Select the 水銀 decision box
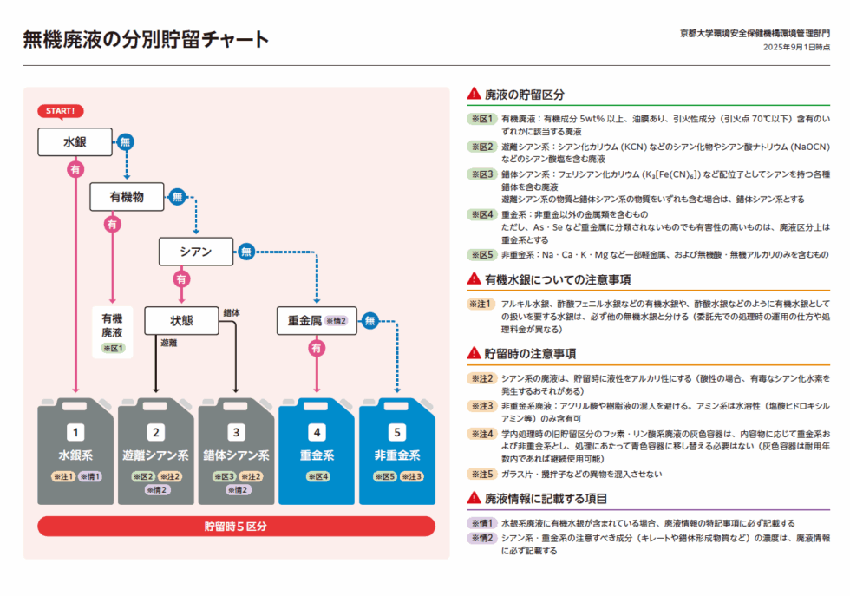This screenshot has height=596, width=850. (x=75, y=141)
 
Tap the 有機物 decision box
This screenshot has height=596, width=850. (x=127, y=196)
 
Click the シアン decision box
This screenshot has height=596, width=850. (x=196, y=252)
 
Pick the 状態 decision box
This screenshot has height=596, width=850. (x=182, y=320)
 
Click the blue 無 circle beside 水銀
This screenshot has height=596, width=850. (x=126, y=141)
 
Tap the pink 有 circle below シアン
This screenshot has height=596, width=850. (x=180, y=279)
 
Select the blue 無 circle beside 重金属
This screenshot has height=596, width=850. (x=370, y=320)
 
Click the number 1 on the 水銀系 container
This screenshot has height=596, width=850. (x=76, y=431)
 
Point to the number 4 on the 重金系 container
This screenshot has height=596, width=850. (x=317, y=431)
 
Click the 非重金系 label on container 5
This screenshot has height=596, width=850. (x=397, y=455)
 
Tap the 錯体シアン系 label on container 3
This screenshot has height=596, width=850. (x=237, y=455)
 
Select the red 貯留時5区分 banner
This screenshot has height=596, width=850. (x=236, y=527)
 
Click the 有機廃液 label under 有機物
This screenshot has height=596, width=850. (x=113, y=325)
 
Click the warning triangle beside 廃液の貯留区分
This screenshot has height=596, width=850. (x=474, y=94)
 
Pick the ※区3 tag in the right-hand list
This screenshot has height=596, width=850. (x=481, y=174)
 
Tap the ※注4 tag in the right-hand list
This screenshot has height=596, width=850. (x=481, y=432)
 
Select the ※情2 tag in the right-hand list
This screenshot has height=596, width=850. (x=481, y=538)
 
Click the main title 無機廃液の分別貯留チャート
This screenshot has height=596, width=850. (x=146, y=40)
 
